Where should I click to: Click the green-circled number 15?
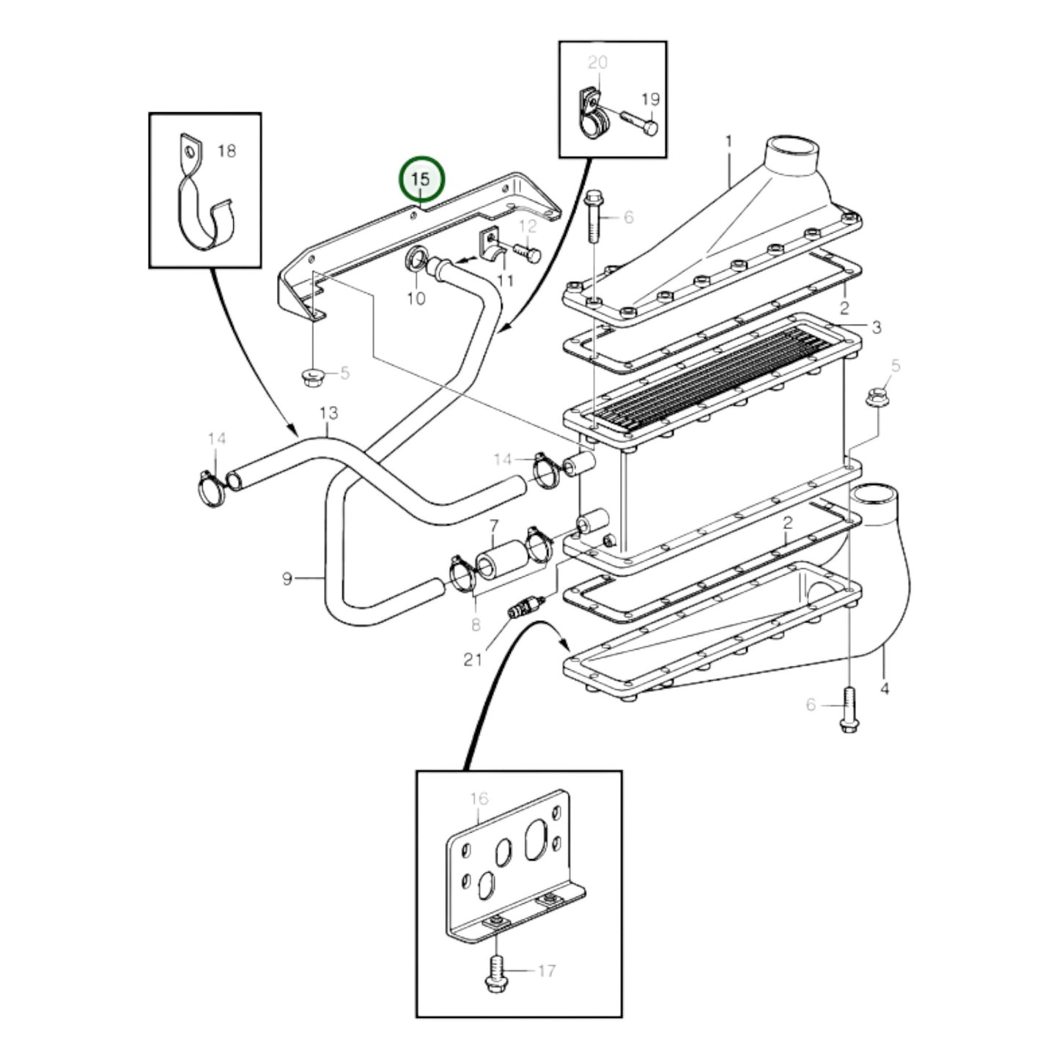click(x=421, y=180)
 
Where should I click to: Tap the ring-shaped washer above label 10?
click(x=416, y=260)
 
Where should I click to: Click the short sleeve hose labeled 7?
click(x=501, y=559)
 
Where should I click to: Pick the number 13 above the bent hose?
click(x=329, y=415)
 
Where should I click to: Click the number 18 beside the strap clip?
click(x=227, y=151)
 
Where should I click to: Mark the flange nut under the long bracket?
click(x=313, y=376)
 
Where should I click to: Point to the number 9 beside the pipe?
click(x=287, y=579)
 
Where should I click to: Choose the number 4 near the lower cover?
click(x=885, y=689)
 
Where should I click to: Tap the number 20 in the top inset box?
click(x=597, y=63)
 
